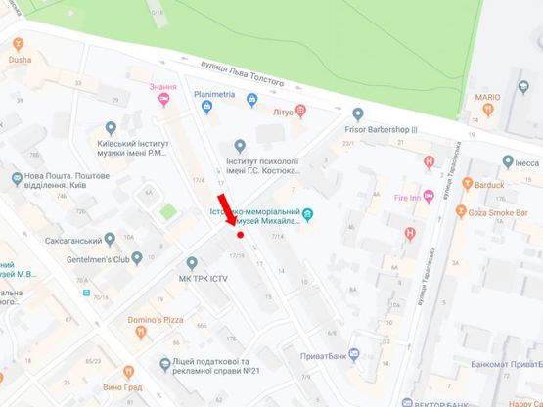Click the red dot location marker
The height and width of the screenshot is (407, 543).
click(x=240, y=235)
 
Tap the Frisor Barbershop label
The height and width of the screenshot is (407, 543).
click(x=381, y=129)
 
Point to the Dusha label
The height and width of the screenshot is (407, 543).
click(x=20, y=59)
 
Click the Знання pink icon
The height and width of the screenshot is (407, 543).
click(x=163, y=98)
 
